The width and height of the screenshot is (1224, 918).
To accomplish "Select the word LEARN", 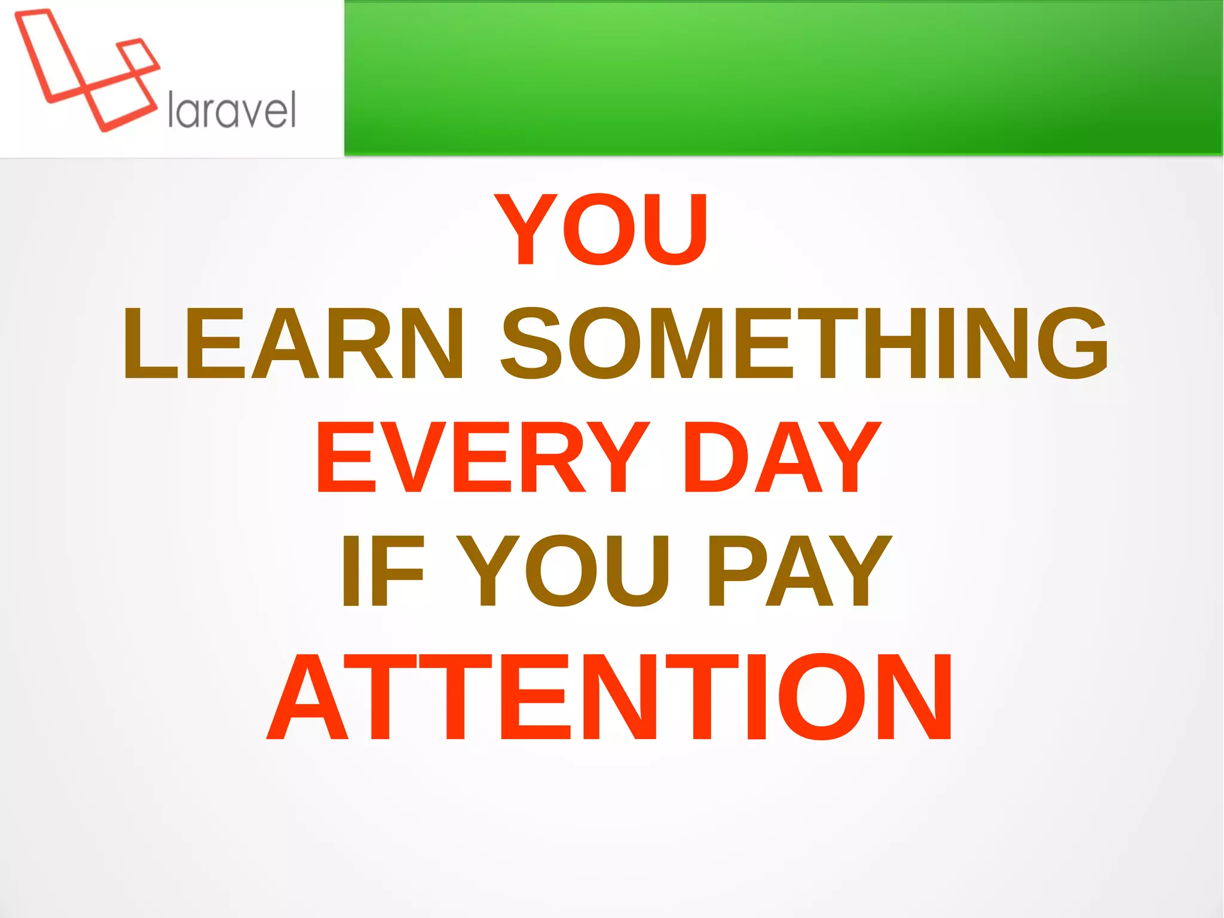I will (293, 343).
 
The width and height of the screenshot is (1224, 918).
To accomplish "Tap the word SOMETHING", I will (804, 343).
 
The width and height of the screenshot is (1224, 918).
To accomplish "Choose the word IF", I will (382, 571).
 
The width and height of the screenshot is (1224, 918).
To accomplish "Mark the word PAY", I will (798, 571).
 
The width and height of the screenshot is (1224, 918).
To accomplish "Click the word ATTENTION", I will (610, 697).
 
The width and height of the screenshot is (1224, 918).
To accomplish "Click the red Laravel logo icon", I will (87, 69).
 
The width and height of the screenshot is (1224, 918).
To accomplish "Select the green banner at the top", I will (783, 78).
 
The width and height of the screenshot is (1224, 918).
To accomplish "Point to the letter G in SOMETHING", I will (1072, 343).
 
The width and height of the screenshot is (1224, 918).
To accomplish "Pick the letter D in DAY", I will (714, 457).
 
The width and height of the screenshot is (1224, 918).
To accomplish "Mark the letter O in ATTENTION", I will (821, 697).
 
